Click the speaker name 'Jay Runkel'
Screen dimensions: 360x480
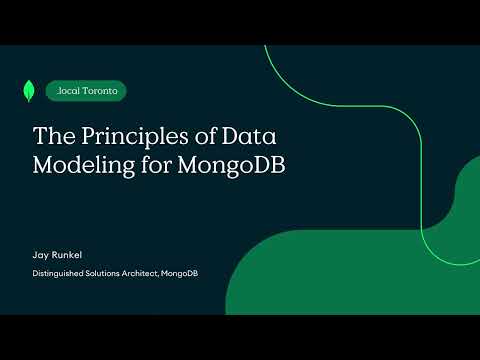59,255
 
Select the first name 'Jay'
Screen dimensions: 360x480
41,255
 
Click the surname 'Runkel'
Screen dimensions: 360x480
68,255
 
